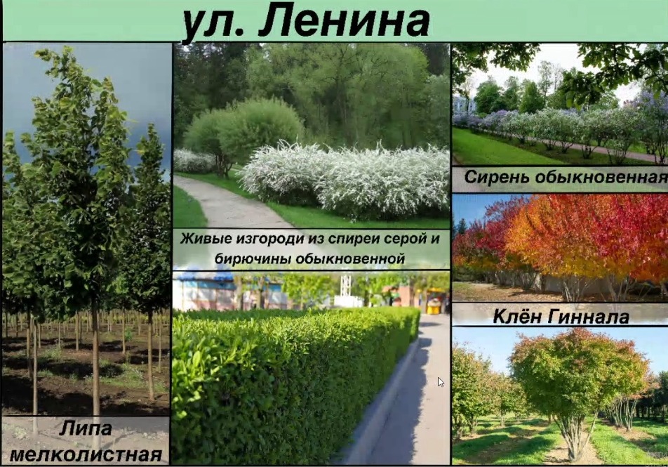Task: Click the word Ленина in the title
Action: (343, 20)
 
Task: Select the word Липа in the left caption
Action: (86, 428)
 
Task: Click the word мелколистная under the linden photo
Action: (86, 454)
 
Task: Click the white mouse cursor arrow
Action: (441, 382)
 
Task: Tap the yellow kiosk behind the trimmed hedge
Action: (434, 301)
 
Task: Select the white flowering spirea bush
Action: (345, 179)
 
